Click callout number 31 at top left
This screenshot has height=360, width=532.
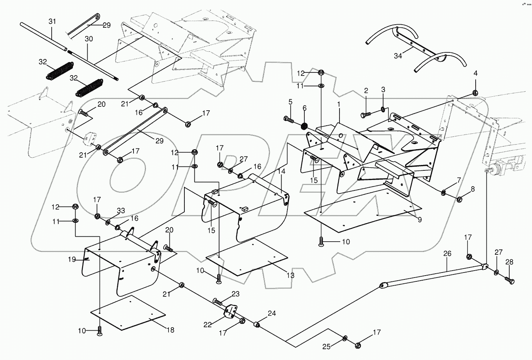pyautogui.click(x=52, y=22)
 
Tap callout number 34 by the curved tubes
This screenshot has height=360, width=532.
pyautogui.click(x=398, y=56)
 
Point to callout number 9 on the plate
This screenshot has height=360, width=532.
pyautogui.click(x=419, y=220)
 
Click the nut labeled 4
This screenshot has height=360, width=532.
pyautogui.click(x=475, y=93)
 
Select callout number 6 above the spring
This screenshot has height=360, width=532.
pyautogui.click(x=304, y=108)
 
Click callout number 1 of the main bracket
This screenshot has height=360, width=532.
pyautogui.click(x=339, y=104)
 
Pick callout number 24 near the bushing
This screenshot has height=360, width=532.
pyautogui.click(x=272, y=313)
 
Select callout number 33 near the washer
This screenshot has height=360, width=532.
pyautogui.click(x=121, y=211)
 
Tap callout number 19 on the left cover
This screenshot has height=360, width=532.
pyautogui.click(x=72, y=259)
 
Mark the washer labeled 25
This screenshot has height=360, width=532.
pyautogui.click(x=345, y=338)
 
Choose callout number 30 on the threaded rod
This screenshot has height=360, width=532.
pyautogui.click(x=89, y=39)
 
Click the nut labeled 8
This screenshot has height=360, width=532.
pyautogui.click(x=459, y=199)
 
